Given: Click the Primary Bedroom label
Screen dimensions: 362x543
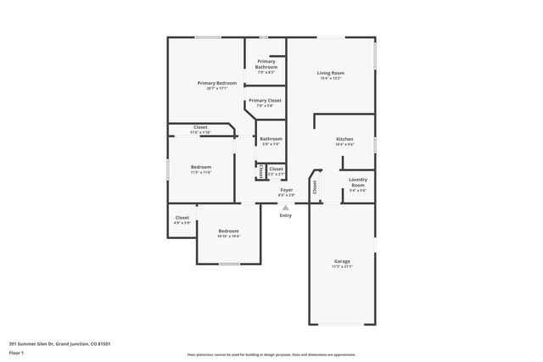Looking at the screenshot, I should (x=217, y=83).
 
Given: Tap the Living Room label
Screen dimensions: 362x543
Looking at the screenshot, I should (x=329, y=74).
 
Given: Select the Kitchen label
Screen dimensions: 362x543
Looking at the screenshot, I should (x=344, y=139).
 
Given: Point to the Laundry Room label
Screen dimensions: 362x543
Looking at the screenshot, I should (x=358, y=181).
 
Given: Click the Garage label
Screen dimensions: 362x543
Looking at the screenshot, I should (x=342, y=261).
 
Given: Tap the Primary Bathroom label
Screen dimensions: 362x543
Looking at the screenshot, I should (x=266, y=64).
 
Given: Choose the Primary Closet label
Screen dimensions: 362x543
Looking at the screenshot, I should (x=265, y=101).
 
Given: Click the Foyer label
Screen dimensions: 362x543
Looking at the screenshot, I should (x=287, y=190).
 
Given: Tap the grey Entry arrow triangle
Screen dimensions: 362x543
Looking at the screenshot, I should (x=286, y=206).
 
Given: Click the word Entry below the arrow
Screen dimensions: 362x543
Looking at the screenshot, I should (x=286, y=215).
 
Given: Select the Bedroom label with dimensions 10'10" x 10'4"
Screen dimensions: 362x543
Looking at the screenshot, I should (x=229, y=231).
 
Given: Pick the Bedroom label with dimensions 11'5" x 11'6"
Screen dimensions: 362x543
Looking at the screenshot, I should (x=201, y=167).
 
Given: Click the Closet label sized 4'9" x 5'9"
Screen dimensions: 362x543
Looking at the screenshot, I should (x=182, y=218).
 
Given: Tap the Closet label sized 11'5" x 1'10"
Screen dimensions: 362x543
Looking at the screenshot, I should (x=200, y=127).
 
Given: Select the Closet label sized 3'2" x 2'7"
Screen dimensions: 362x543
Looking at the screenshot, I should (x=277, y=169).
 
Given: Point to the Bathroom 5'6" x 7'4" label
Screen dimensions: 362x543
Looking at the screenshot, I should (x=271, y=139).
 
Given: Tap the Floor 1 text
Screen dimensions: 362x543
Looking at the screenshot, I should (x=17, y=353).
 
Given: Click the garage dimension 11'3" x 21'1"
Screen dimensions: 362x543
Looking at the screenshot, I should (x=342, y=266).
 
